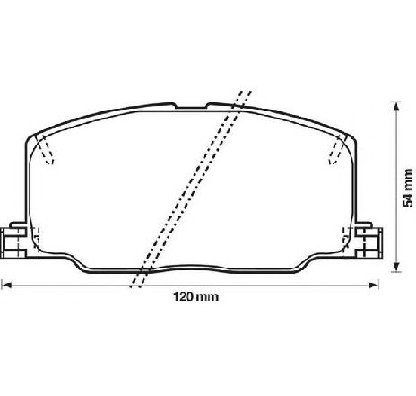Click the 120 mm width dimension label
(196, 296)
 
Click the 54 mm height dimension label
(408, 188)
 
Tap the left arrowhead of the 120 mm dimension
(6, 285)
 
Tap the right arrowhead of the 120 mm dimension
(374, 285)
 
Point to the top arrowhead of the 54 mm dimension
(396, 107)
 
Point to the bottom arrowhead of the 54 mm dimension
(396, 268)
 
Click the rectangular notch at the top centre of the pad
(191, 105)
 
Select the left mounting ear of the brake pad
(14, 240)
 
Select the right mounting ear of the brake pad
(368, 240)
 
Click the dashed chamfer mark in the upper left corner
(45, 150)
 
